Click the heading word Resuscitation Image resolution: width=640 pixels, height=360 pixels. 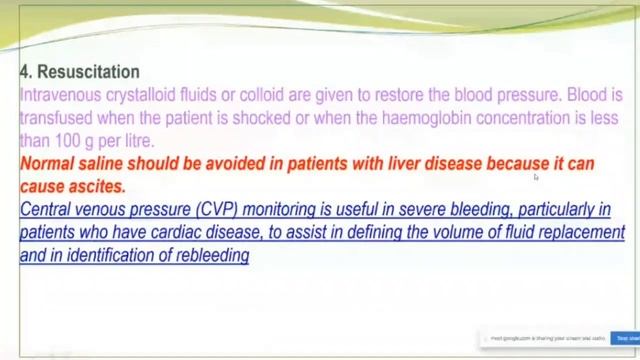click(x=88, y=72)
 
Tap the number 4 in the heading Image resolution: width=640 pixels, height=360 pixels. click(x=24, y=72)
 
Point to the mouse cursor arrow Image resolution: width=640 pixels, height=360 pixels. click(x=535, y=177)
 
